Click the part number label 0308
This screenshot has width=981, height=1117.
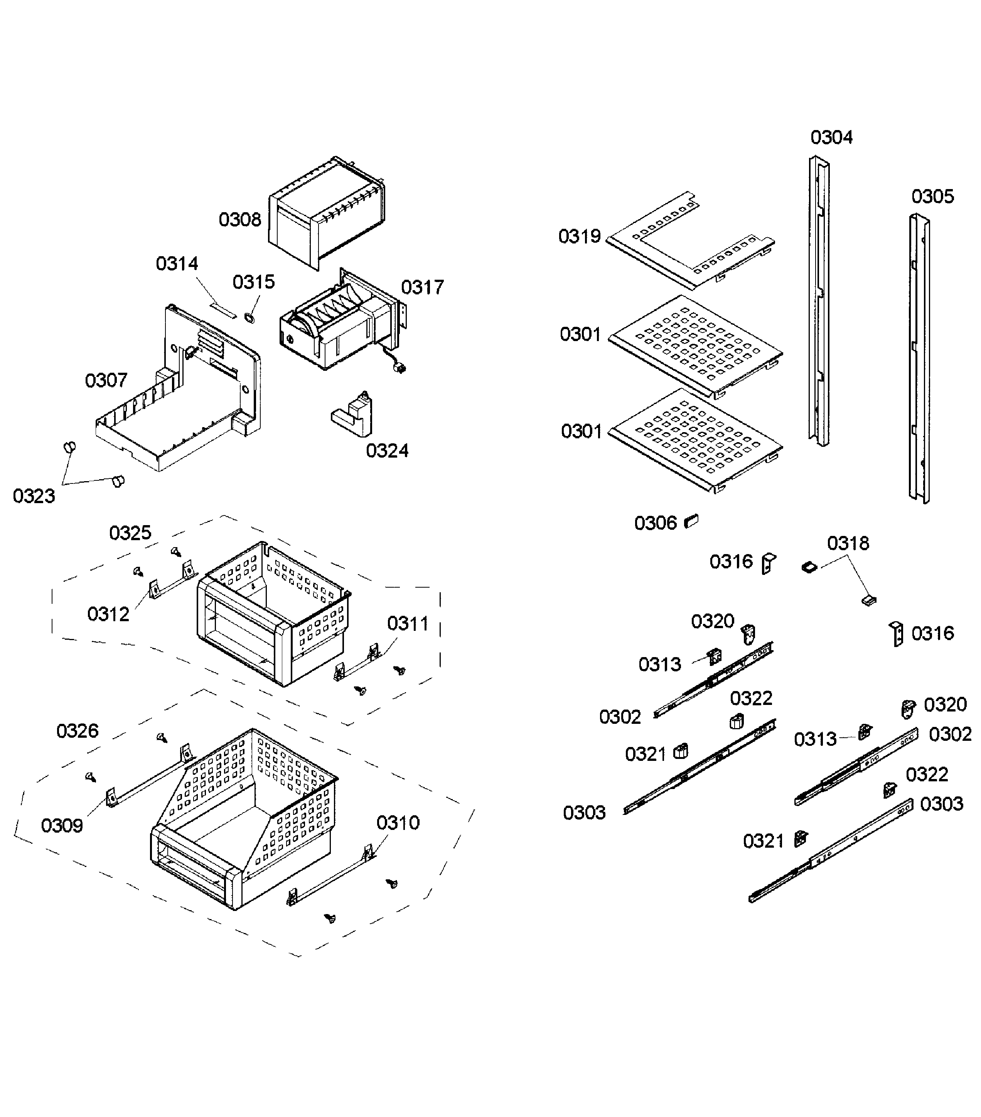(240, 220)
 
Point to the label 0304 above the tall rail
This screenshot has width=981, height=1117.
(831, 137)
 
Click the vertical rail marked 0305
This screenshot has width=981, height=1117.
(919, 361)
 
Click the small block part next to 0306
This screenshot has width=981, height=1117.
(691, 521)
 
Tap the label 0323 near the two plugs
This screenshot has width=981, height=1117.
(34, 496)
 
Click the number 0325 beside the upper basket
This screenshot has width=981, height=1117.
(130, 533)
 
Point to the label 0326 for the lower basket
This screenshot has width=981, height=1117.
(77, 731)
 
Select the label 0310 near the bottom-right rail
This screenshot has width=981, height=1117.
(398, 823)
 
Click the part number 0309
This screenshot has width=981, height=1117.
(62, 825)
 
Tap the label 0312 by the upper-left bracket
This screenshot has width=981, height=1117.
(108, 614)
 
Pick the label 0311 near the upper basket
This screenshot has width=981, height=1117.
(408, 624)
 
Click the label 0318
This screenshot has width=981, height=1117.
(848, 543)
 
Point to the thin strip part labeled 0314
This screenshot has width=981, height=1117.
(224, 310)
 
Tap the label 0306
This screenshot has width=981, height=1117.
(655, 524)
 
